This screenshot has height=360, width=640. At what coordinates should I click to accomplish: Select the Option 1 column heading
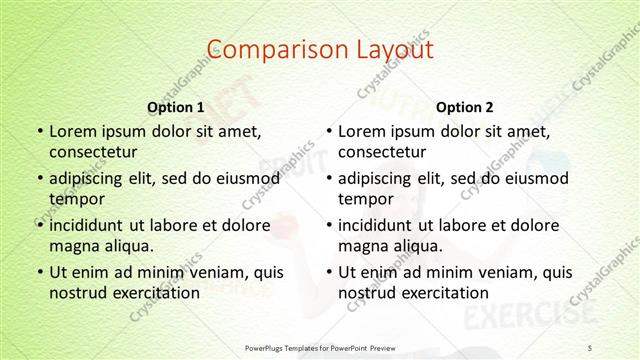pos(176,107)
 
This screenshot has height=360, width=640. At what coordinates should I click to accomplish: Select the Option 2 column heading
pos(465,107)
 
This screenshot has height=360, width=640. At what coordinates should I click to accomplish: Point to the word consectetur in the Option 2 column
pos(381,152)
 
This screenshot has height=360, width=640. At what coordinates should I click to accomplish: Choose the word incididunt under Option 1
pos(89,225)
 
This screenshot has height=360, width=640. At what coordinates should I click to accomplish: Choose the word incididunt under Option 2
pos(378,225)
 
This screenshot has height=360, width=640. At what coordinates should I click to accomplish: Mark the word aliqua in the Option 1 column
pos(129,246)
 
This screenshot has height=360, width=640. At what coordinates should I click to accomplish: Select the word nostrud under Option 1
pos(76,293)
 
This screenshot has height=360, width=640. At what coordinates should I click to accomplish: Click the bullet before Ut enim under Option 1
pos(38,272)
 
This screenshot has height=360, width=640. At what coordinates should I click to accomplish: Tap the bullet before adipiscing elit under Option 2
pos(328,178)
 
